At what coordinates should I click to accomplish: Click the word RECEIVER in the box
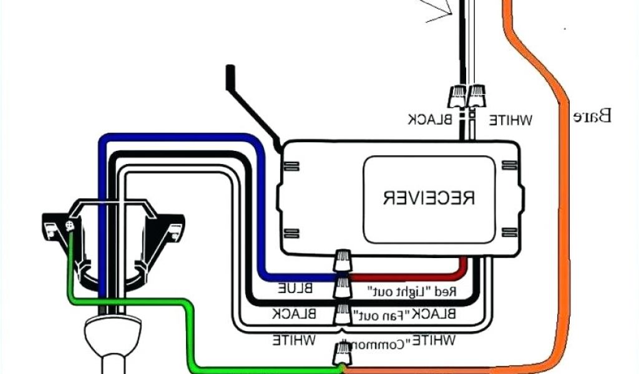(429, 198)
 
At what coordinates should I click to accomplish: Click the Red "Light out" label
(413, 291)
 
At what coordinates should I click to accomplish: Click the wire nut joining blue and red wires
(341, 261)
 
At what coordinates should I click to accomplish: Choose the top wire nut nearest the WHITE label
(477, 95)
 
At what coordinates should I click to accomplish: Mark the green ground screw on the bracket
(70, 227)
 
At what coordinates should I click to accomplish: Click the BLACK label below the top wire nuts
(430, 119)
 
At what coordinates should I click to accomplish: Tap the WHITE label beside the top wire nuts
(509, 119)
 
